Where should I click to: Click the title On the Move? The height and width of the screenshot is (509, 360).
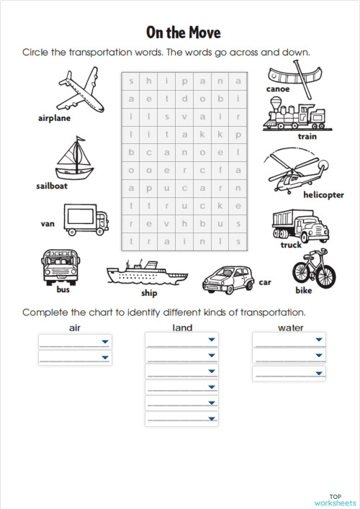pyautogui.click(x=183, y=32)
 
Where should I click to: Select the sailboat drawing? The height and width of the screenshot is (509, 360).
pyautogui.click(x=75, y=160)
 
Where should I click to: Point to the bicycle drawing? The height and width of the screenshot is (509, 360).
pyautogui.click(x=314, y=269)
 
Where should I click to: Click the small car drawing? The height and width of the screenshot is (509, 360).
pyautogui.click(x=228, y=276)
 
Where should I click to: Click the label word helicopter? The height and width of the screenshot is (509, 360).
pyautogui.click(x=323, y=195)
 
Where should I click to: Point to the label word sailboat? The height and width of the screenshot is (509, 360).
pyautogui.click(x=52, y=186)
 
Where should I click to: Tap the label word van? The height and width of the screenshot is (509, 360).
pyautogui.click(x=48, y=224)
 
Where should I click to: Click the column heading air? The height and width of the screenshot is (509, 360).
pyautogui.click(x=74, y=328)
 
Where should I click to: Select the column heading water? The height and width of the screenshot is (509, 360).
pyautogui.click(x=290, y=328)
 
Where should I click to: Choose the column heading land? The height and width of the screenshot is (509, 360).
pyautogui.click(x=183, y=328)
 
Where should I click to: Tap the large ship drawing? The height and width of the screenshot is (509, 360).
pyautogui.click(x=146, y=274)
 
